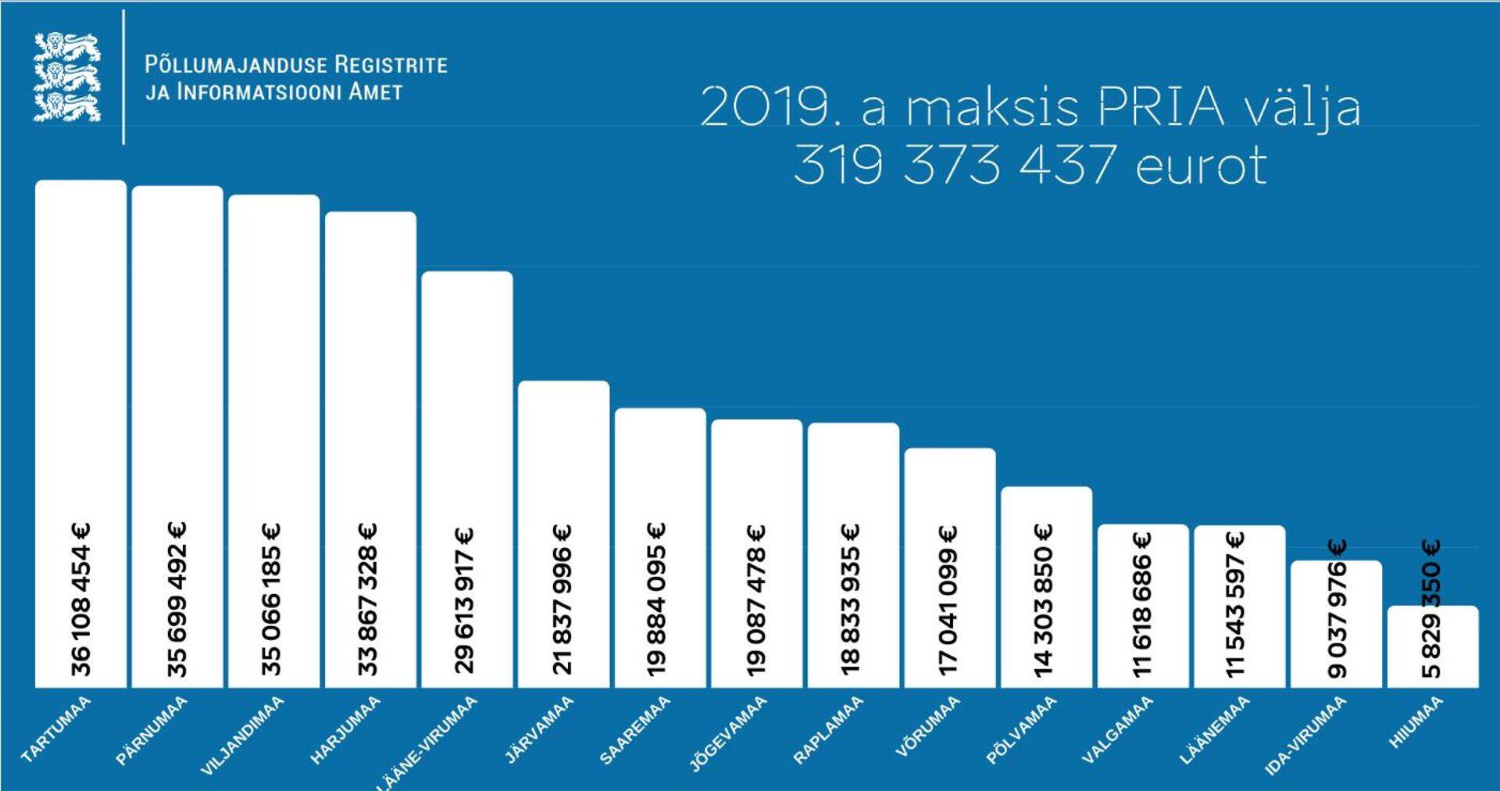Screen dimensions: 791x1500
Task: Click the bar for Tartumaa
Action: click(x=80, y=352)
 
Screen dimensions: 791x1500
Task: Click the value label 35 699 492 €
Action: click(x=177, y=599)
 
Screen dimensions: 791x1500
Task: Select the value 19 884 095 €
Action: click(x=657, y=599)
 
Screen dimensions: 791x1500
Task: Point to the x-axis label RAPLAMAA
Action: click(x=828, y=729)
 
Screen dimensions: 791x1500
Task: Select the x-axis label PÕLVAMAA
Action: click(x=1021, y=729)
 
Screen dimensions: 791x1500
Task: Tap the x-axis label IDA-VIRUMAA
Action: click(x=1305, y=736)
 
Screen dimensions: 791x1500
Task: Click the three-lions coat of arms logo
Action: click(x=67, y=77)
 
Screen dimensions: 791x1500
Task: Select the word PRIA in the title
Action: click(x=1161, y=107)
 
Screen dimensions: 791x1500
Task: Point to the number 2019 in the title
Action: click(x=762, y=107)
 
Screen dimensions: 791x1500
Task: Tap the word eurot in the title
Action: click(x=1201, y=166)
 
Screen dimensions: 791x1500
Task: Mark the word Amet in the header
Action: click(x=375, y=91)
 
